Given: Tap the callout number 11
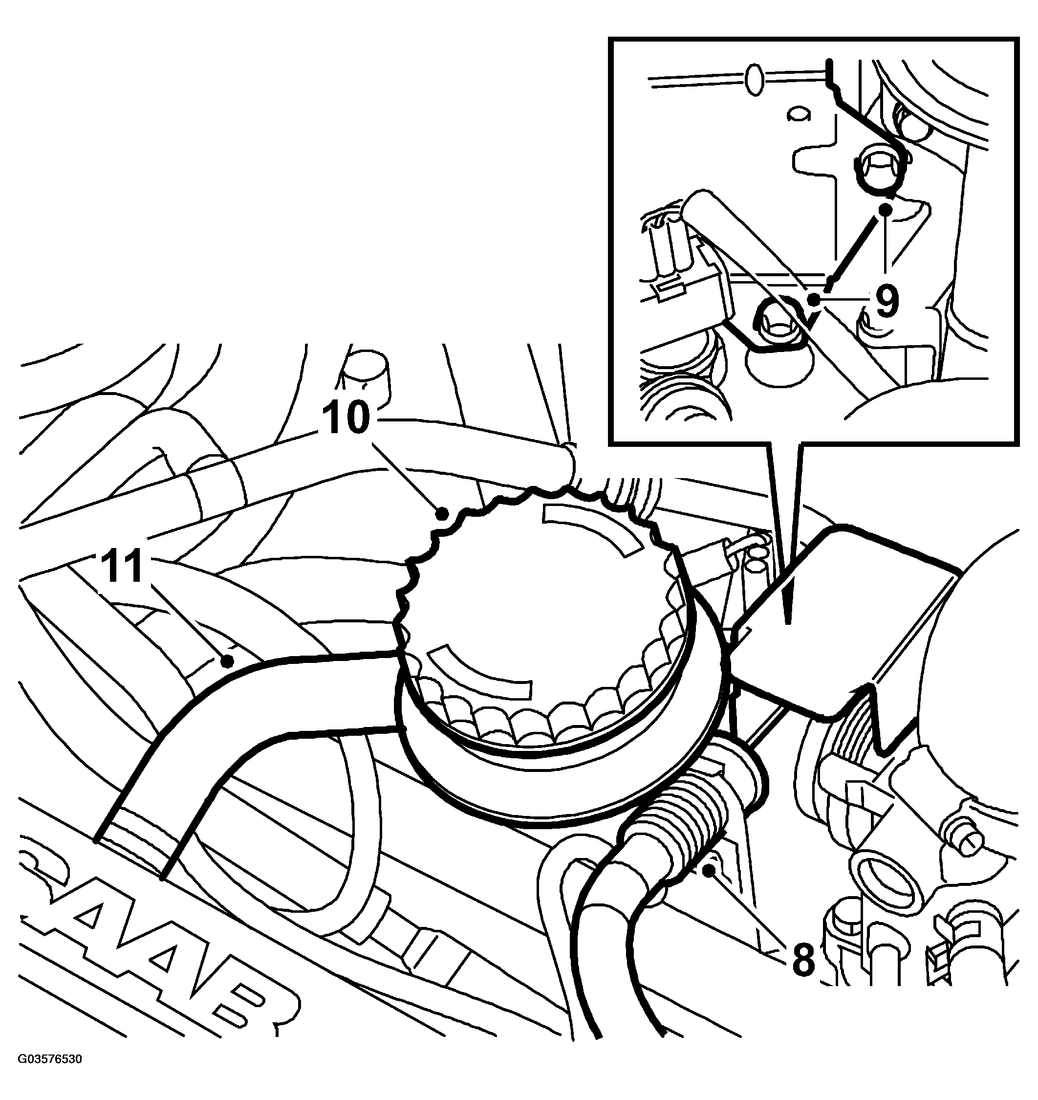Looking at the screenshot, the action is point(122,566).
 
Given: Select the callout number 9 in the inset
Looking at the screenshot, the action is point(887,301).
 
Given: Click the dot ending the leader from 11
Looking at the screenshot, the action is point(226,660).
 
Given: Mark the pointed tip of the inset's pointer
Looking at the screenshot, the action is point(788,624).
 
